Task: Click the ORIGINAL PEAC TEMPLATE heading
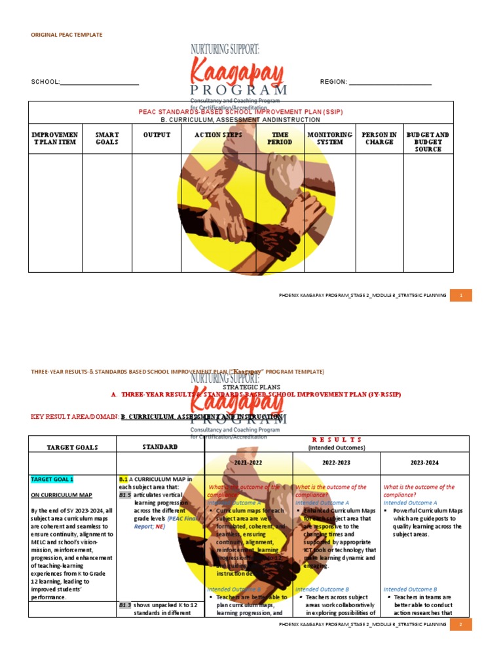pos(67,35)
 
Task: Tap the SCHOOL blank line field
pos(100,83)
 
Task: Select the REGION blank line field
pos(390,83)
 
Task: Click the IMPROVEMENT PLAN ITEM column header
pos(55,139)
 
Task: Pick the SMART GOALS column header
pos(107,139)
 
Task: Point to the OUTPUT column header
pos(157,135)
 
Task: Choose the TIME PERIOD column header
pos(280,139)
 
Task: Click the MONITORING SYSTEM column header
pos(330,139)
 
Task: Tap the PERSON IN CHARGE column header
pos(379,139)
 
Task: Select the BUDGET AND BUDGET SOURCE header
pos(428,142)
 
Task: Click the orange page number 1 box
pos(461,296)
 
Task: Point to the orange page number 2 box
pos(461,625)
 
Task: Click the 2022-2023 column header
pos(337,463)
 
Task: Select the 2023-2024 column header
pos(425,463)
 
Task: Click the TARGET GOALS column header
pos(72,448)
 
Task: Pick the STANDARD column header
pos(160,447)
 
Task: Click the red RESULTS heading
pos(337,440)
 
